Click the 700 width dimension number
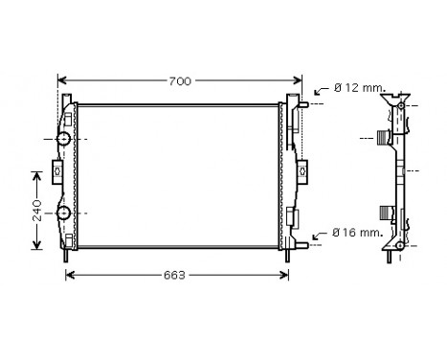tap(179, 80)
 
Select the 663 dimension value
tap(173, 275)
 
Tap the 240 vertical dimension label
tap(36, 211)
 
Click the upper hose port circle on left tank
tap(64, 140)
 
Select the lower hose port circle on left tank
tap(64, 213)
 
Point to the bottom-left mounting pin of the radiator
tap(65, 255)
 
